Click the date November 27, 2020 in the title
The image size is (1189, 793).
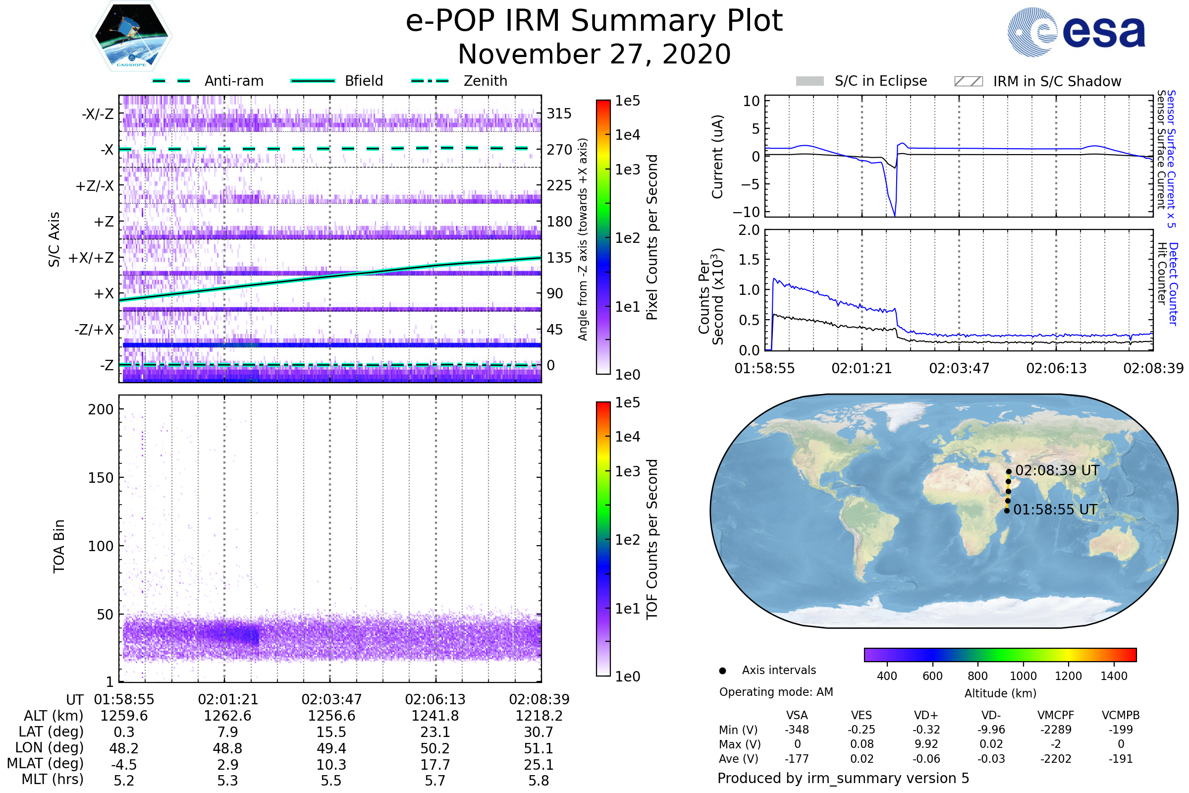point(594,55)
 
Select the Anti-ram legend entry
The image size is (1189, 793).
point(233,81)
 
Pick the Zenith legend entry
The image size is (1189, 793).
point(485,81)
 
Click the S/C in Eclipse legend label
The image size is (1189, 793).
point(880,81)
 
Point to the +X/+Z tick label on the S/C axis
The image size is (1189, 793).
point(91,258)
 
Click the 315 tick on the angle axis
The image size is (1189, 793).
point(559,113)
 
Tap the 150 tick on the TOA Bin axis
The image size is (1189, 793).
point(101,478)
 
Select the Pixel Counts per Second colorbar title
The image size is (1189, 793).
point(652,237)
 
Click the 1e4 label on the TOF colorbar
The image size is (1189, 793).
point(627,437)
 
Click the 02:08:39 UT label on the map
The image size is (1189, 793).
point(1057,470)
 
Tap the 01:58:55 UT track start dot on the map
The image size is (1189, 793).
point(1007,511)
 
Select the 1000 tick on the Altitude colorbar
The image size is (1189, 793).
point(1023,676)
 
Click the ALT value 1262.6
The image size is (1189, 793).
point(227,716)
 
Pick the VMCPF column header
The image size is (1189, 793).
point(1056,715)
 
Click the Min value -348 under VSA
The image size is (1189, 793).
point(797,730)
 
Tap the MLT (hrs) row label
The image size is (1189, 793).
point(52,779)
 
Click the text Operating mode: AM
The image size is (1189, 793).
point(776,692)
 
